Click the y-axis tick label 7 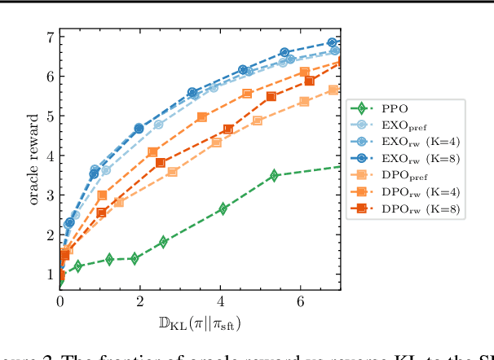pyautogui.click(x=51, y=37)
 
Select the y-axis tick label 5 pyautogui.click(x=51, y=116)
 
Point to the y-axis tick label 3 pyautogui.click(x=51, y=195)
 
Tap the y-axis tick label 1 pyautogui.click(x=51, y=274)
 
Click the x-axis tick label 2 pyautogui.click(x=140, y=301)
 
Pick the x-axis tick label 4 pyautogui.click(x=220, y=301)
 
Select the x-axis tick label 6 pyautogui.click(x=300, y=301)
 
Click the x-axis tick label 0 pyautogui.click(x=60, y=301)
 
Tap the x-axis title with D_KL pyautogui.click(x=199, y=323)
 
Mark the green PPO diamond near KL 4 pyautogui.click(x=223, y=209)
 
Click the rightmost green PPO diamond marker pyautogui.click(x=274, y=175)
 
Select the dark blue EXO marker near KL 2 pyautogui.click(x=139, y=129)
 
